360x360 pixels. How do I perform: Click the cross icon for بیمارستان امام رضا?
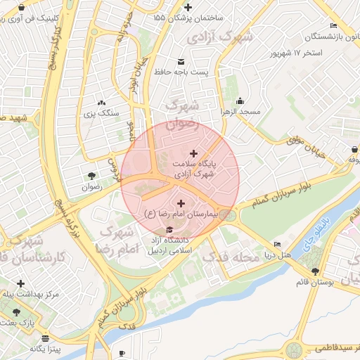click(181, 202)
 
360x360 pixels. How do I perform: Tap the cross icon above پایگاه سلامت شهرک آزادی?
click(194, 153)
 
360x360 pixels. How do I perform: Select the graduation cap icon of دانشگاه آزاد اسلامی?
click(169, 230)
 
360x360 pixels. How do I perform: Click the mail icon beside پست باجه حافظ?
click(181, 60)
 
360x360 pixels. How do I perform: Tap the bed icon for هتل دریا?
click(278, 245)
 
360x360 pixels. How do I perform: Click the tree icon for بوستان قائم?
click(314, 271)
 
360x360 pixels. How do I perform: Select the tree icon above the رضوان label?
click(92, 176)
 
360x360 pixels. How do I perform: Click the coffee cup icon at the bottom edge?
click(122, 353)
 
